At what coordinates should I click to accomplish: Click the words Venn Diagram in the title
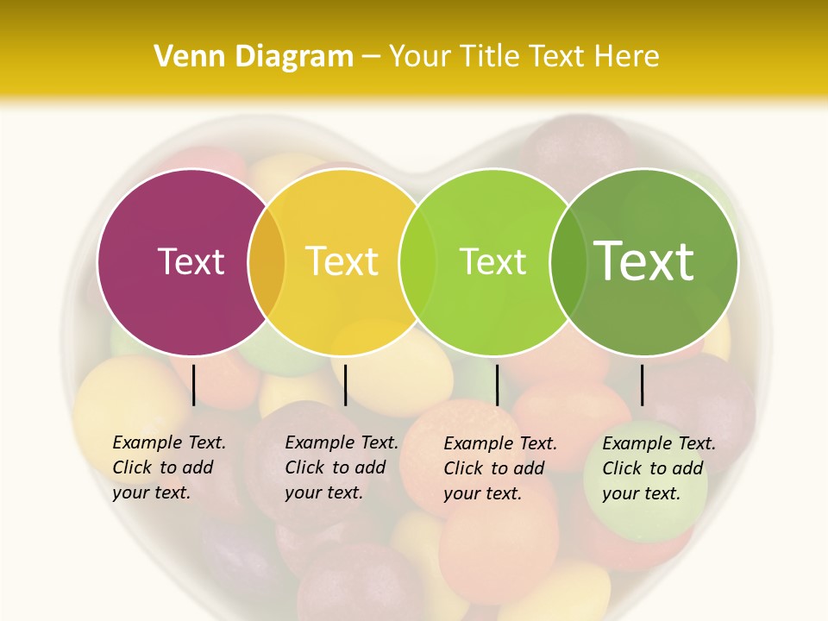click(254, 57)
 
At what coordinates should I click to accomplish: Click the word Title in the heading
click(492, 57)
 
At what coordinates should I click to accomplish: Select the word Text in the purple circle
click(191, 261)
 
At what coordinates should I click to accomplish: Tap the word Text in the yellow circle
click(342, 261)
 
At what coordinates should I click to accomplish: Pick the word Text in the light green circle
click(492, 261)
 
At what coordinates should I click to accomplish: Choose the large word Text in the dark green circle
click(644, 261)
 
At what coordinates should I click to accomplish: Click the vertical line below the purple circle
click(194, 385)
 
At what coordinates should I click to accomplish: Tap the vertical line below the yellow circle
click(345, 385)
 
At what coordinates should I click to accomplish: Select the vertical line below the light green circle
click(497, 385)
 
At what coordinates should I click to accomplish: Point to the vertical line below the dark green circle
click(642, 385)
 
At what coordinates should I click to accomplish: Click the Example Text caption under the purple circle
click(168, 467)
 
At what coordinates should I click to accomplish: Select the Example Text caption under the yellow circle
click(341, 467)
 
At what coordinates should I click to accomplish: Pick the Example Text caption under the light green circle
click(499, 468)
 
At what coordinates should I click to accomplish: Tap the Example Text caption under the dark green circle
click(658, 468)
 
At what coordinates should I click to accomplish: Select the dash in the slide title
click(371, 57)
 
